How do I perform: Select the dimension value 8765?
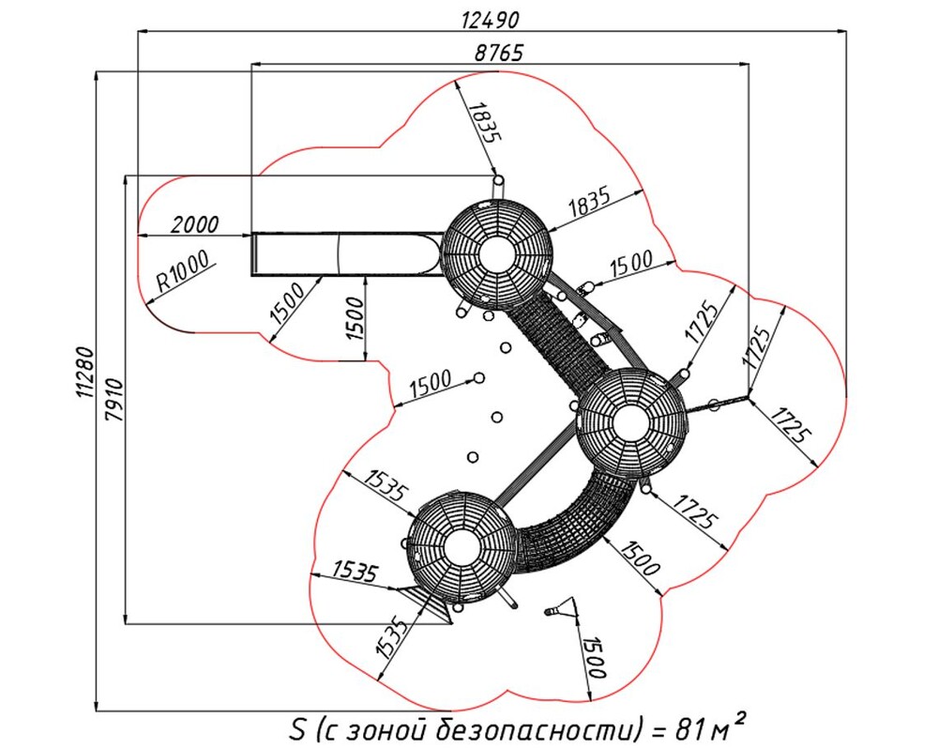click(498, 53)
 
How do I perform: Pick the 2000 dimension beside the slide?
click(194, 224)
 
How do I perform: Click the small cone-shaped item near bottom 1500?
click(561, 610)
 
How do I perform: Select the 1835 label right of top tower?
click(589, 204)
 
